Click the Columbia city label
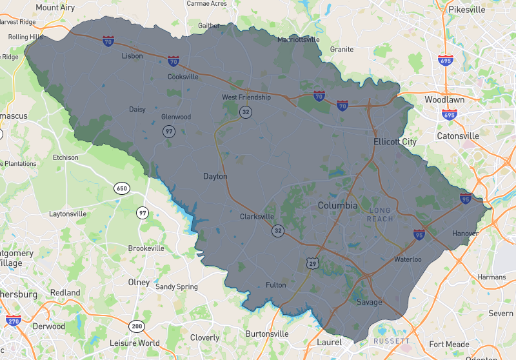337,205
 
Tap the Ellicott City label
395,141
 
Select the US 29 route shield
313,263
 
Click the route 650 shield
121,188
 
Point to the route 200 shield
135,326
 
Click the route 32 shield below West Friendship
245,112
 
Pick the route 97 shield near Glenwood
168,131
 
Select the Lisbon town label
132,56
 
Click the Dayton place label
215,176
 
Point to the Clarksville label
257,217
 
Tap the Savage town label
369,302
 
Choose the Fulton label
275,285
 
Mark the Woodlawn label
444,100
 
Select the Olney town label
139,283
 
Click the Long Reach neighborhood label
381,215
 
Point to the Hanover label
465,233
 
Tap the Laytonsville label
68,213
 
